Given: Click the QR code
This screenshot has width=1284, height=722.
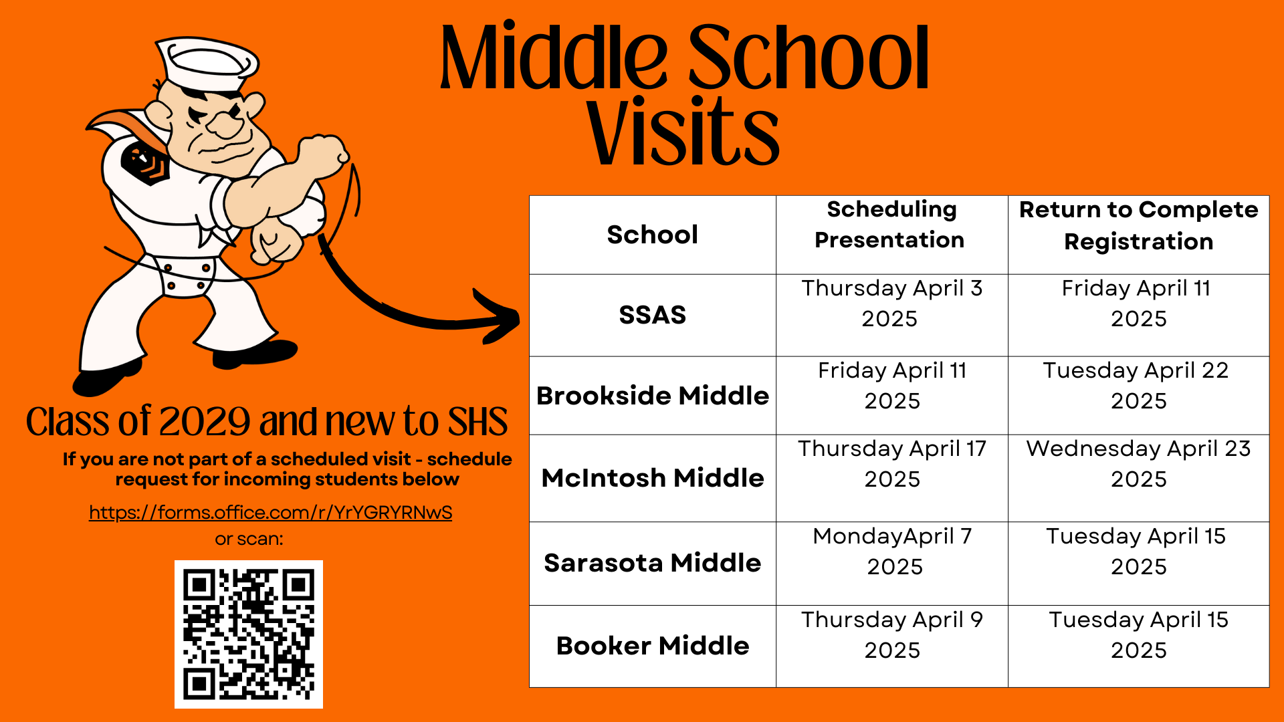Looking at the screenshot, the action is (249, 634).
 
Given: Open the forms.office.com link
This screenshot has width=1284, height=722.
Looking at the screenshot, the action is (271, 512).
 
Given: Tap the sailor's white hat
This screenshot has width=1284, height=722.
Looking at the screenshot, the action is (208, 64).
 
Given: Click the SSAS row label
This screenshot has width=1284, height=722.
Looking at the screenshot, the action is (653, 315).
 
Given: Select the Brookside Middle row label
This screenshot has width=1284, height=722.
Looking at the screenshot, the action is (653, 396).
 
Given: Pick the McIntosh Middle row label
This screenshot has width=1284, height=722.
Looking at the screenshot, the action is (653, 478).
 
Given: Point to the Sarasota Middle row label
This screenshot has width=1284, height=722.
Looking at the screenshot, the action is (653, 563).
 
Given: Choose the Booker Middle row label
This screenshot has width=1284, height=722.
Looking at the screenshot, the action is (653, 646).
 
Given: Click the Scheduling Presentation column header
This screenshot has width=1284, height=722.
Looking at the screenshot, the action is (891, 224).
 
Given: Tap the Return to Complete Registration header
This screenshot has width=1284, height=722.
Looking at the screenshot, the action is (1139, 225).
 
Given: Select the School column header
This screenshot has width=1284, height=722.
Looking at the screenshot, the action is (653, 235).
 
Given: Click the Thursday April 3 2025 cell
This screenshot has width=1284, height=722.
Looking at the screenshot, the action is (891, 304).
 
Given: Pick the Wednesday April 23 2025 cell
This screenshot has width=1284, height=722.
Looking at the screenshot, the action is (1139, 463).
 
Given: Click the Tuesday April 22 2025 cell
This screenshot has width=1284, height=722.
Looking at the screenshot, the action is (1139, 385).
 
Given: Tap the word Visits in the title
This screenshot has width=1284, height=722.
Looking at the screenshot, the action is (683, 132).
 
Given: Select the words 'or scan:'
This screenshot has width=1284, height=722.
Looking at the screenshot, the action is (249, 539).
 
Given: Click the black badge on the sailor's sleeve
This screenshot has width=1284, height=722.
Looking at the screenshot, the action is (145, 162).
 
